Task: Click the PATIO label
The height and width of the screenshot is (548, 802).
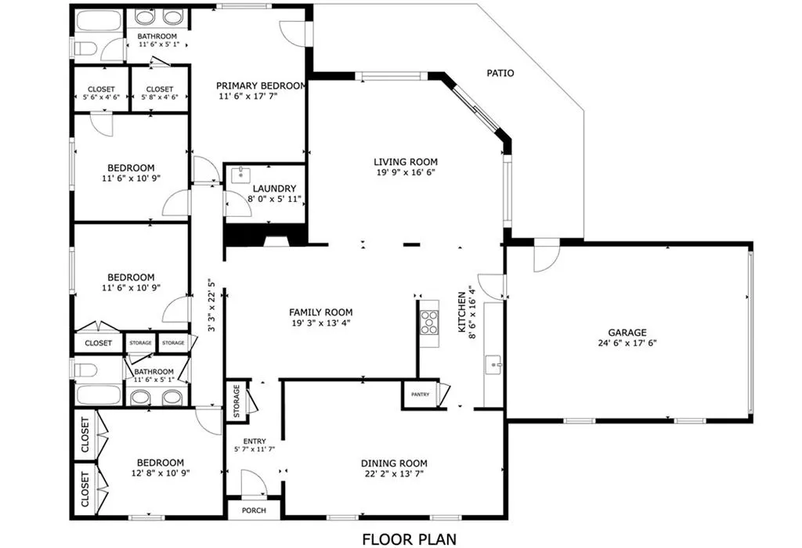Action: (x=500, y=73)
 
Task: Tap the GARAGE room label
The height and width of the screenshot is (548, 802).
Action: (x=627, y=332)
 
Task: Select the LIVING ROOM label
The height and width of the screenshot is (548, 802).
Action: (x=406, y=162)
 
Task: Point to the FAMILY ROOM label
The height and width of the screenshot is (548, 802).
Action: (x=320, y=312)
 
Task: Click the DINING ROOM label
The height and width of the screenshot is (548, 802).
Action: (x=394, y=463)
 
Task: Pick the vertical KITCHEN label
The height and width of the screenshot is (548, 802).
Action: (x=462, y=312)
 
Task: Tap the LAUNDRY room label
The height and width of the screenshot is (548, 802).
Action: (x=274, y=189)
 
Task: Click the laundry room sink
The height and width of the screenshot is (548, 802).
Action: (x=240, y=175)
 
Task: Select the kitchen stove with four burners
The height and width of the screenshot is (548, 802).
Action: (x=429, y=322)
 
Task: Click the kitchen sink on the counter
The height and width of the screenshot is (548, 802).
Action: (x=493, y=365)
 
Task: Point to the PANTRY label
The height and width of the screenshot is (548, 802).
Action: (x=420, y=395)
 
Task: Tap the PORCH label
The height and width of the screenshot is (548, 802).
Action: (x=254, y=510)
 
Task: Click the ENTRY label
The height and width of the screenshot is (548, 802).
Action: (x=255, y=442)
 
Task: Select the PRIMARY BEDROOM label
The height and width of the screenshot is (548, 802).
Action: (x=261, y=86)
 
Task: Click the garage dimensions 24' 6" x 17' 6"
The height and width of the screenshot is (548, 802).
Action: (x=627, y=343)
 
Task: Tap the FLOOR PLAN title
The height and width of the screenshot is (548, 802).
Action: (x=409, y=539)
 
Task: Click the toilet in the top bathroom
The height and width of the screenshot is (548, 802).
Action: (x=86, y=49)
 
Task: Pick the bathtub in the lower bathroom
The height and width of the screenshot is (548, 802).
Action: (x=98, y=395)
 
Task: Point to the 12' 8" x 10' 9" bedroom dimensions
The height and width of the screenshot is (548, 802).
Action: (x=160, y=474)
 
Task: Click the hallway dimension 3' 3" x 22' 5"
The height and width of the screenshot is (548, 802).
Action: (x=212, y=305)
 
